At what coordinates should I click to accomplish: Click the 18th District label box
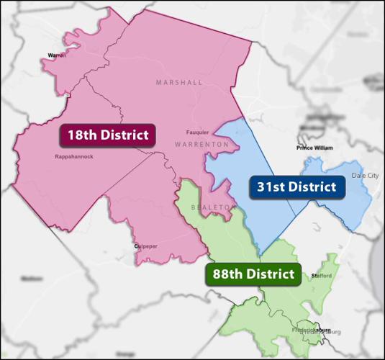click(108, 135)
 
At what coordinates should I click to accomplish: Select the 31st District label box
click(296, 187)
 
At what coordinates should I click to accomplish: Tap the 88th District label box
click(254, 274)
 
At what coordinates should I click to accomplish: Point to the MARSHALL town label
click(179, 83)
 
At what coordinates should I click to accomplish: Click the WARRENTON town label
click(201, 145)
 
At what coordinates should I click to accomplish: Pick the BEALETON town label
click(214, 207)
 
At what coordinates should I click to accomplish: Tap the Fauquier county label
click(197, 132)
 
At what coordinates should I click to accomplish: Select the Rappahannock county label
click(74, 156)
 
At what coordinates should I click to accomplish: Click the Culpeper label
click(145, 246)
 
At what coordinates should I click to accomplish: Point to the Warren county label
click(56, 55)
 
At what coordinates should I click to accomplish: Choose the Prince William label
click(314, 148)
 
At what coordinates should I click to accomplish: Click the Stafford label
click(322, 276)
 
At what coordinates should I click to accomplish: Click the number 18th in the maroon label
click(80, 135)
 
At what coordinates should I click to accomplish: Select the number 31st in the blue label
click(271, 187)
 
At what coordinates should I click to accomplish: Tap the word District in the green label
click(269, 274)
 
